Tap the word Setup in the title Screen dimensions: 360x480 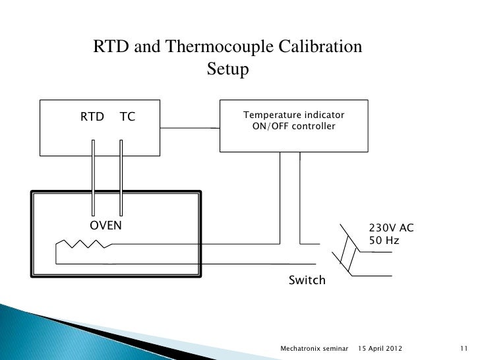[227, 69]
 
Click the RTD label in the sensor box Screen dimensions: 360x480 [92, 117]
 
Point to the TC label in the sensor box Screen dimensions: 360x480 [127, 117]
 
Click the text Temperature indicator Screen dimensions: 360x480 [293, 116]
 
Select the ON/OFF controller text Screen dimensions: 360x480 [293, 127]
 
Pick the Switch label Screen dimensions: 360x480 [307, 280]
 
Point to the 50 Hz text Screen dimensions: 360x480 [384, 241]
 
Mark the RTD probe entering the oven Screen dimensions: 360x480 [94, 178]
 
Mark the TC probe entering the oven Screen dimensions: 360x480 [122, 178]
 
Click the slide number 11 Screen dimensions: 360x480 [462, 347]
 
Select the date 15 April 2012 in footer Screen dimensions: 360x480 [380, 347]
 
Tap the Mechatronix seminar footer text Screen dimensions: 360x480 [314, 347]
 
